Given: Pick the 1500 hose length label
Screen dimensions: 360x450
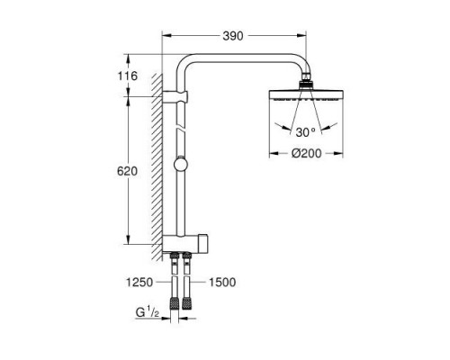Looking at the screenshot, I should coord(220,281).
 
